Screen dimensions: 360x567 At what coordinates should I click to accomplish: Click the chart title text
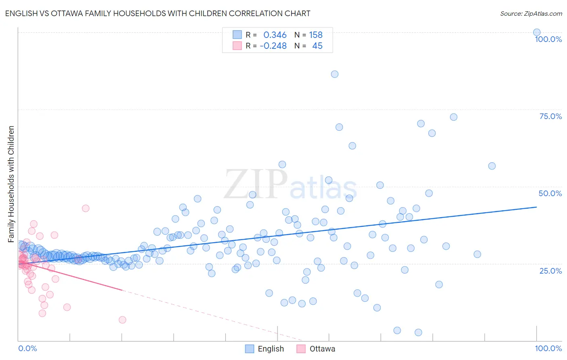[158, 13]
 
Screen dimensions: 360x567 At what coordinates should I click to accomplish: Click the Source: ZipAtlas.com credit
[531, 13]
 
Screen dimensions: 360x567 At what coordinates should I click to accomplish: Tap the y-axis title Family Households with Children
[11, 184]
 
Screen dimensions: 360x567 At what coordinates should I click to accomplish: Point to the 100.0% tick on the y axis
[548, 39]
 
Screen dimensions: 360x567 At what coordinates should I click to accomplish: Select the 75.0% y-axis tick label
[550, 116]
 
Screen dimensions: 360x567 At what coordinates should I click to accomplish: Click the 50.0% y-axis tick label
[550, 193]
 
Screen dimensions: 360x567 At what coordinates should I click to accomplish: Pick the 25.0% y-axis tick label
[550, 271]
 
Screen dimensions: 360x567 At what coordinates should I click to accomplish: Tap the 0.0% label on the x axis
[27, 348]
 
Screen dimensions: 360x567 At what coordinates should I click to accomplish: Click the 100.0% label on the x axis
[548, 348]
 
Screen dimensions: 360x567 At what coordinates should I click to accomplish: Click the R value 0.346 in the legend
[275, 35]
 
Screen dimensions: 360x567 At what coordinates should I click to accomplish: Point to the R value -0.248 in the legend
[273, 46]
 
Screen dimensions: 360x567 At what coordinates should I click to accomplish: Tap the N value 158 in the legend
[316, 35]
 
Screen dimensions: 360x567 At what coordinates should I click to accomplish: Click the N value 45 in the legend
[317, 46]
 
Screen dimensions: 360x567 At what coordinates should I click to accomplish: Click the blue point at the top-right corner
[537, 32]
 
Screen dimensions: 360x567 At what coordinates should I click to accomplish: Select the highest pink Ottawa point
[85, 208]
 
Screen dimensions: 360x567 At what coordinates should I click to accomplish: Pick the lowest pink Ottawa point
[123, 320]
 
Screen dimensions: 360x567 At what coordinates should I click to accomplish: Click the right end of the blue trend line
[536, 207]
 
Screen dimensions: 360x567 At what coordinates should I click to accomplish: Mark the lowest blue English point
[418, 332]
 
